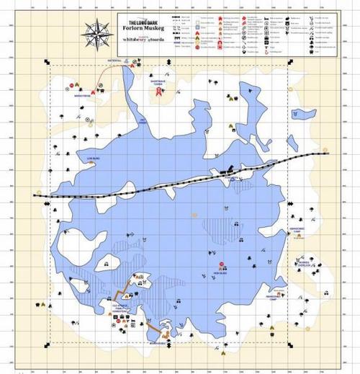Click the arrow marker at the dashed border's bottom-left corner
(x=48, y=341)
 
